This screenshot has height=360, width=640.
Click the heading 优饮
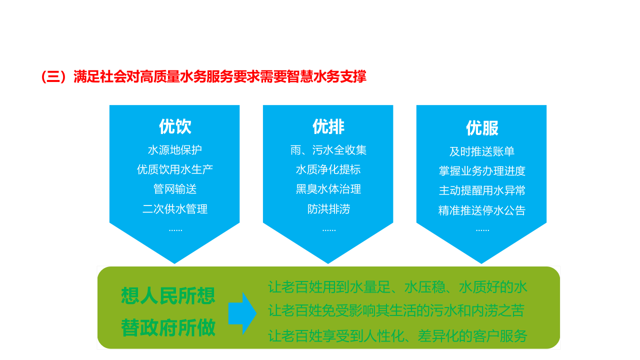(175, 126)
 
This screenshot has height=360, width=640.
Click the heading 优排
(328, 126)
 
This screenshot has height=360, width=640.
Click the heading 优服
(482, 128)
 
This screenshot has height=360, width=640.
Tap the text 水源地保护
(175, 150)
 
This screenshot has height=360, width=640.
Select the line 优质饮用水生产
(175, 169)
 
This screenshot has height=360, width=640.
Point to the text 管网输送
(175, 189)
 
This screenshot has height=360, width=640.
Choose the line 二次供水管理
(175, 209)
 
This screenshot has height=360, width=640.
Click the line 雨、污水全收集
(328, 150)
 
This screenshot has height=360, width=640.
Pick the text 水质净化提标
(328, 169)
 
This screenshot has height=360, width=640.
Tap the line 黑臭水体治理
(328, 189)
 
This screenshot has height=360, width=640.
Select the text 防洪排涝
(328, 209)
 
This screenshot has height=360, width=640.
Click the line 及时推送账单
(482, 151)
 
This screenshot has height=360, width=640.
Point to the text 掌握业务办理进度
(482, 171)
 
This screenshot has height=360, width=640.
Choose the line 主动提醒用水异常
(482, 190)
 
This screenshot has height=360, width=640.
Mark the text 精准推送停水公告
(482, 210)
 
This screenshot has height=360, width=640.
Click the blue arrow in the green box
(242, 313)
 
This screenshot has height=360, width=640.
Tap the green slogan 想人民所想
(168, 295)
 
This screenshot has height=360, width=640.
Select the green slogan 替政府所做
(168, 328)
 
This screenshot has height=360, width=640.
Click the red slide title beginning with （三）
(203, 76)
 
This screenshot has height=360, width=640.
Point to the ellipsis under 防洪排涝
(328, 229)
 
